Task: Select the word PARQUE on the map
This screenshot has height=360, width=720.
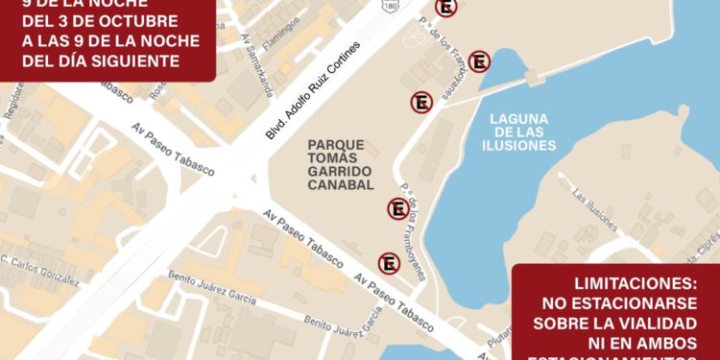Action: pyautogui.click(x=336, y=144)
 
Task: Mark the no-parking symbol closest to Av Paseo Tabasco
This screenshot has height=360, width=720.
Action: pyautogui.click(x=389, y=263)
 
